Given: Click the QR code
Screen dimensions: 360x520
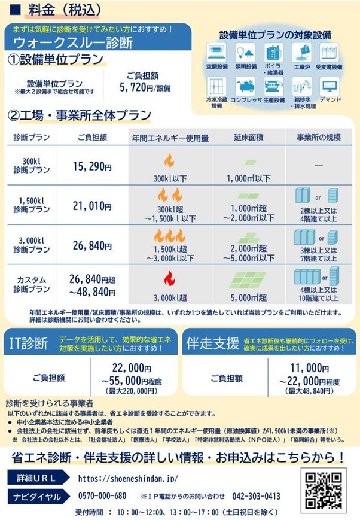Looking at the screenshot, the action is tap(323, 490).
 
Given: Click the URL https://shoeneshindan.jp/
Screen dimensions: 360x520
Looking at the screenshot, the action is tap(128, 478).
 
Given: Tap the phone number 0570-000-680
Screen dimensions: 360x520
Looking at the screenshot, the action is tap(102, 496).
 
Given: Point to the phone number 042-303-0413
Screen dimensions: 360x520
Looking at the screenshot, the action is tap(256, 496).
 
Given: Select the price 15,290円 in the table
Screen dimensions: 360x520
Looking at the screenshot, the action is tap(92, 166).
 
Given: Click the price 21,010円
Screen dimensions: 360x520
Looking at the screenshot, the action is tap(92, 206).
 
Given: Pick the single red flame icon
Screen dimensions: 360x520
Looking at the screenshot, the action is tap(169, 279).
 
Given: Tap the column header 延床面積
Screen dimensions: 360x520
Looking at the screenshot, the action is tap(249, 137).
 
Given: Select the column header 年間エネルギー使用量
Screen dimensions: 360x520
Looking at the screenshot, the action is tap(170, 138).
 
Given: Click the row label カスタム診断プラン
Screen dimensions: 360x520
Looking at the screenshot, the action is tap(32, 285).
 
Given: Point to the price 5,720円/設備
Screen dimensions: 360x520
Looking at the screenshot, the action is tap(145, 87).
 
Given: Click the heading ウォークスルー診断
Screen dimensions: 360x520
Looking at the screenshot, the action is tap(73, 43).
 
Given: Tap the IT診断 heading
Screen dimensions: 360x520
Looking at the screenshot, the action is tap(28, 343).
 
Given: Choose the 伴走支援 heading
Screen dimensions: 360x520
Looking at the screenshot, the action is tap(212, 343).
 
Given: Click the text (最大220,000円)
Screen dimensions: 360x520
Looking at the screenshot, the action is tap(132, 391).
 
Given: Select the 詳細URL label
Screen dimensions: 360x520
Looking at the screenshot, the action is tap(36, 478).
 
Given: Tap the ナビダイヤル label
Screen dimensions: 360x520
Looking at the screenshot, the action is tap(37, 497).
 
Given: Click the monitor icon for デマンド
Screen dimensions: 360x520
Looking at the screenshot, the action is tap(330, 86).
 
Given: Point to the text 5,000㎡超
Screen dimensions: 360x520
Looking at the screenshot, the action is tap(249, 297).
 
